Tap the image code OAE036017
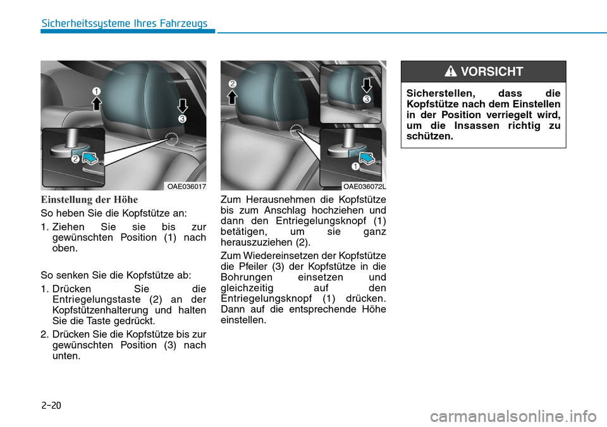coord(186,186)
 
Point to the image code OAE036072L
coord(364,186)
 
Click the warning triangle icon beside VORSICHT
coord(451,72)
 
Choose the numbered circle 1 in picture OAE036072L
coord(356,168)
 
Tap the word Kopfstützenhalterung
coord(102,310)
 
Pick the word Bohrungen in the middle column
coord(248,277)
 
